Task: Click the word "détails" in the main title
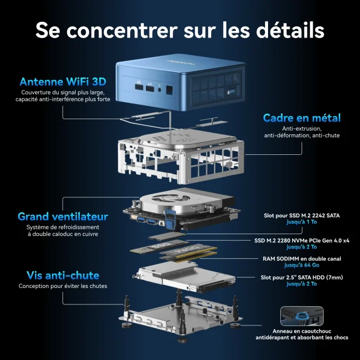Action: tap(290, 30)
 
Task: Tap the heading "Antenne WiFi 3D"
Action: tap(63, 82)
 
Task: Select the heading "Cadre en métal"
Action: tap(302, 118)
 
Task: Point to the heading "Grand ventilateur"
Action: tap(63, 217)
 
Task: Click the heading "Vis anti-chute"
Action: tap(63, 275)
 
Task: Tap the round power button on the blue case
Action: tap(160, 90)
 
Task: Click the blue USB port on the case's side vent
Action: tap(232, 92)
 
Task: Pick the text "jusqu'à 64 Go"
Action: tap(302, 265)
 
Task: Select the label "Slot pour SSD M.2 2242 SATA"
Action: tap(302, 215)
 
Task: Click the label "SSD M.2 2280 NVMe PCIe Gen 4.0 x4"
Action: tap(302, 241)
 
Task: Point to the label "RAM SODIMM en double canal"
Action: tap(302, 259)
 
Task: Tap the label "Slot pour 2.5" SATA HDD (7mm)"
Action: tap(302, 277)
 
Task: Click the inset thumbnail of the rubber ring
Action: tap(302, 316)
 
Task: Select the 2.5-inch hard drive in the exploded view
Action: tap(186, 277)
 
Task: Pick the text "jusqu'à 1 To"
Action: tap(302, 222)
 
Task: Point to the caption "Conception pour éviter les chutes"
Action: tap(63, 286)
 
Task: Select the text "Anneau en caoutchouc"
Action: tap(302, 332)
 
